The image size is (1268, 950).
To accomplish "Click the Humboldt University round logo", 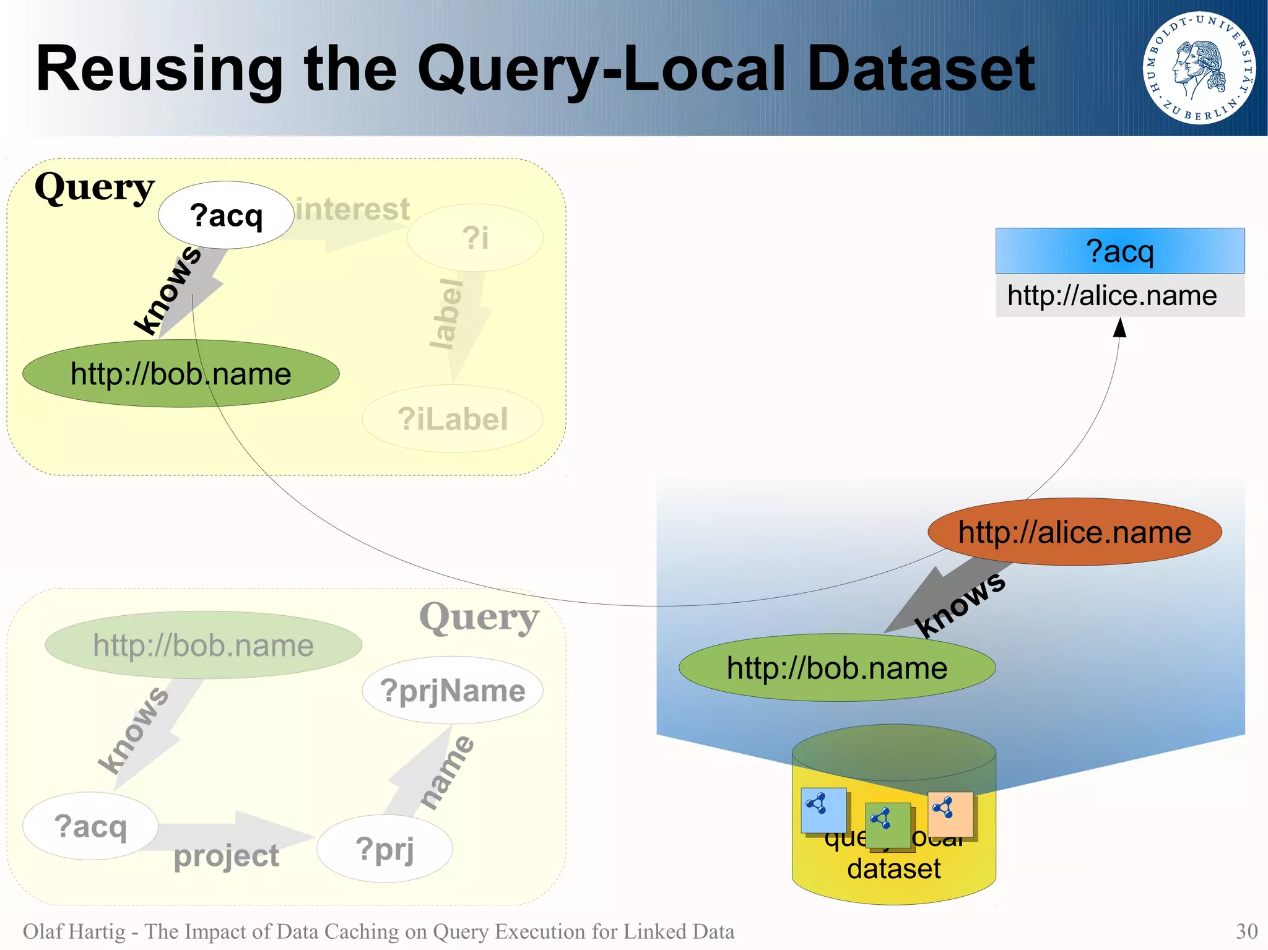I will tap(1199, 67).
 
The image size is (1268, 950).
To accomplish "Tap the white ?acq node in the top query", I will tap(226, 215).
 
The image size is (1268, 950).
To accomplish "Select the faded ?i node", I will tap(475, 238).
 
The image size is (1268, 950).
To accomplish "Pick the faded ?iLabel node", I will tap(453, 419).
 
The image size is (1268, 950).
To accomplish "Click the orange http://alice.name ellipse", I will tap(1074, 532).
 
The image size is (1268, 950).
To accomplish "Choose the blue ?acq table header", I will tap(1119, 251).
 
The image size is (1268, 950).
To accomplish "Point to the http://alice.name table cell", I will tap(1112, 296).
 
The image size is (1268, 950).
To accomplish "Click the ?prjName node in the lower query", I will tap(453, 690).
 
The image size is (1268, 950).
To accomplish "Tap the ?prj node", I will tap(384, 849).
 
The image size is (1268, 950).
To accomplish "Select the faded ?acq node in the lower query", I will tap(90, 826).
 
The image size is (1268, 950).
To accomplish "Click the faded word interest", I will tap(353, 209).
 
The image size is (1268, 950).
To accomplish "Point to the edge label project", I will tap(226, 856).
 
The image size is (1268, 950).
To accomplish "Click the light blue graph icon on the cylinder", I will tap(823, 810).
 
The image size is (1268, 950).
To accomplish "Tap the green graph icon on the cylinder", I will tap(887, 824).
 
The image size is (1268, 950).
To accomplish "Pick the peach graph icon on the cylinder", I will tap(950, 813).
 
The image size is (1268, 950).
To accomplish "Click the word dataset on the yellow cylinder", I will tap(893, 868).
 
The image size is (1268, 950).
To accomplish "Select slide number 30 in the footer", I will tap(1246, 931).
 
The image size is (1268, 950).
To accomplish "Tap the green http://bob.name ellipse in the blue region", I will tap(837, 668).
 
